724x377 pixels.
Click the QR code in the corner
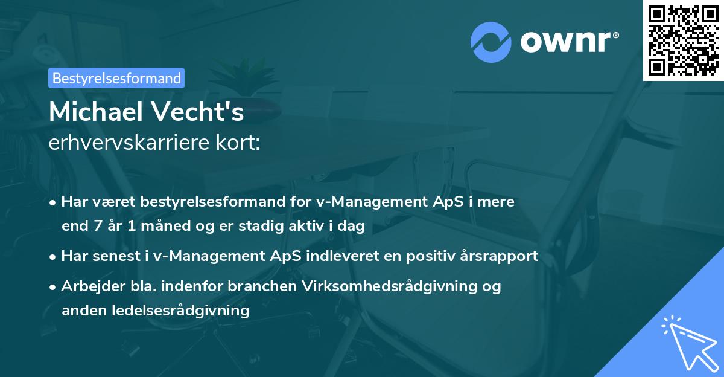click(682, 40)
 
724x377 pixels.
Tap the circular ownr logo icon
click(491, 42)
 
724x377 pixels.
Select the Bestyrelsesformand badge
click(116, 78)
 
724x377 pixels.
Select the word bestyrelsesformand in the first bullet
click(184, 202)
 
